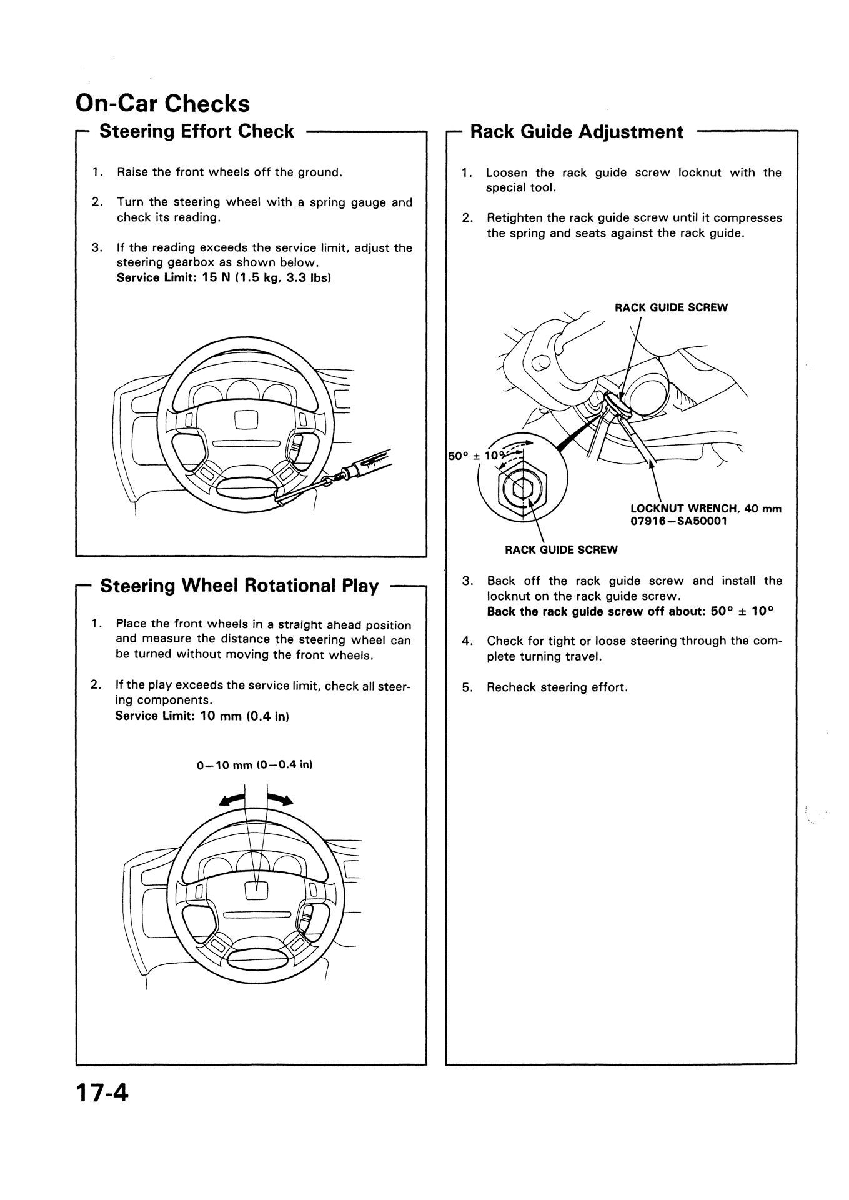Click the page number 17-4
[x=101, y=1110]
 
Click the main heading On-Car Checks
[x=162, y=103]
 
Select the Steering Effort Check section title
[x=196, y=131]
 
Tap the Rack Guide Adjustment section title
[x=576, y=132]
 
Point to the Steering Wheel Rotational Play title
[x=239, y=586]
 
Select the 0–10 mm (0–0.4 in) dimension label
[x=254, y=764]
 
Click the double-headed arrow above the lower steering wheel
[x=256, y=800]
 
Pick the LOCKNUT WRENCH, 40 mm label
[x=706, y=509]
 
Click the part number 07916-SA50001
[x=678, y=521]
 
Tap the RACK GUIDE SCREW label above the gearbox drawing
[x=671, y=307]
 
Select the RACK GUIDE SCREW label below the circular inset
[x=560, y=550]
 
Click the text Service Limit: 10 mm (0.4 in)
[x=201, y=716]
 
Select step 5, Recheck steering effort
[x=557, y=687]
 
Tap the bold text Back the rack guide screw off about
[x=597, y=611]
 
